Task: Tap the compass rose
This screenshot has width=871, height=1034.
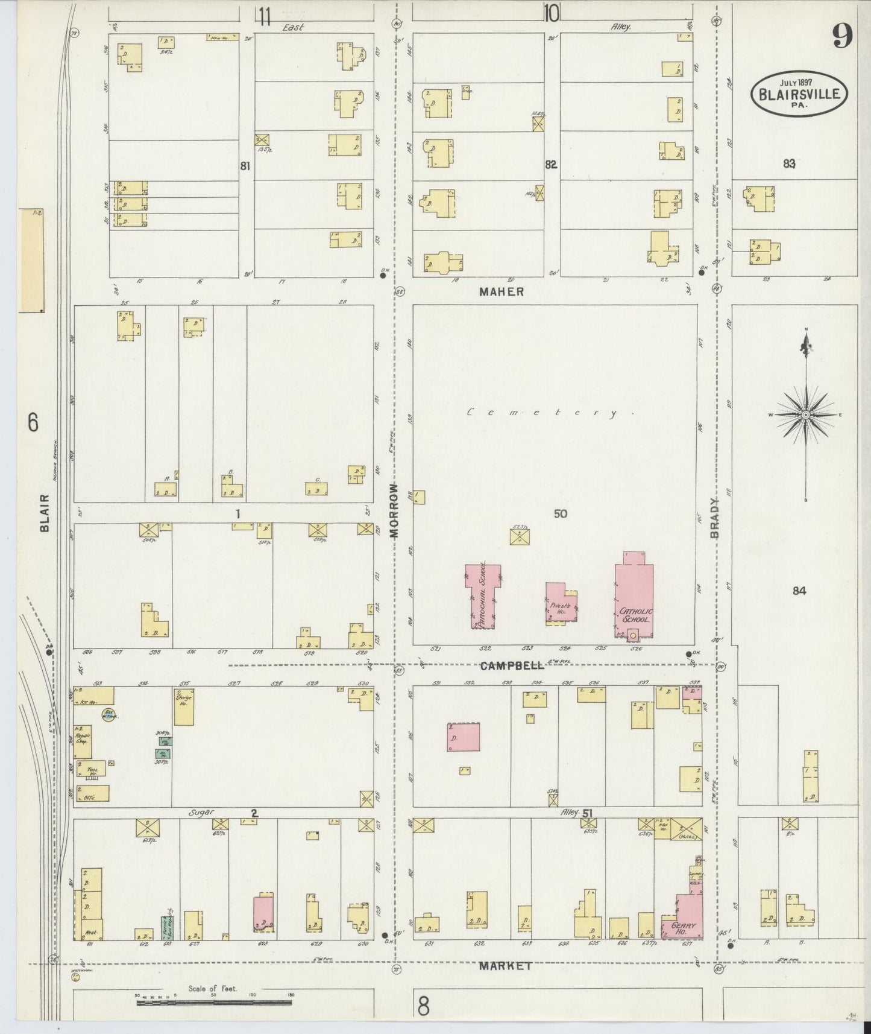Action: coord(806,415)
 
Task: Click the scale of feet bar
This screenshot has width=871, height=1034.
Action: coord(214,1003)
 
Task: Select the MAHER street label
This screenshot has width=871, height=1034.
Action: coord(502,291)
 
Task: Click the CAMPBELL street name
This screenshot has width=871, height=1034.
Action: coord(512,665)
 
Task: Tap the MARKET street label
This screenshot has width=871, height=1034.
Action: coord(505,966)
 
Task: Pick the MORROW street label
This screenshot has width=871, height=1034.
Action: coord(395,510)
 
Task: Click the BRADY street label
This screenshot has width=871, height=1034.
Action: coord(715,518)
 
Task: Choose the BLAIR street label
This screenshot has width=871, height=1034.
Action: coord(45,513)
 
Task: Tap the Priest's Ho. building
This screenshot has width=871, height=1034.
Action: coord(561,603)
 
